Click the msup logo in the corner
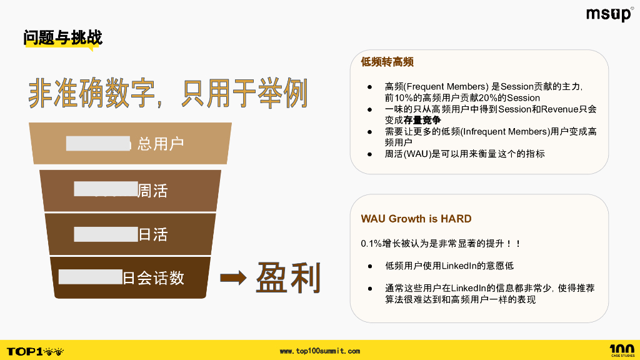point(609,14)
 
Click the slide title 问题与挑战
point(62,37)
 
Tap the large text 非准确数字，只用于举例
point(168,94)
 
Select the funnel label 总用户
point(161,144)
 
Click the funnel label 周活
point(152,191)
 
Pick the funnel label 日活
point(152,235)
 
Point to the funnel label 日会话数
point(153,278)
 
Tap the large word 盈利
point(288,277)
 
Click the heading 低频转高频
point(387,62)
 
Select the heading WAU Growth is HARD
point(416,219)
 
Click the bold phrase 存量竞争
point(422,120)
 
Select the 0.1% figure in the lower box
point(371,242)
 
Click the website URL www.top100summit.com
point(319,351)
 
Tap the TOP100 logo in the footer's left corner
point(35,351)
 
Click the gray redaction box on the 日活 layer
point(106,234)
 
